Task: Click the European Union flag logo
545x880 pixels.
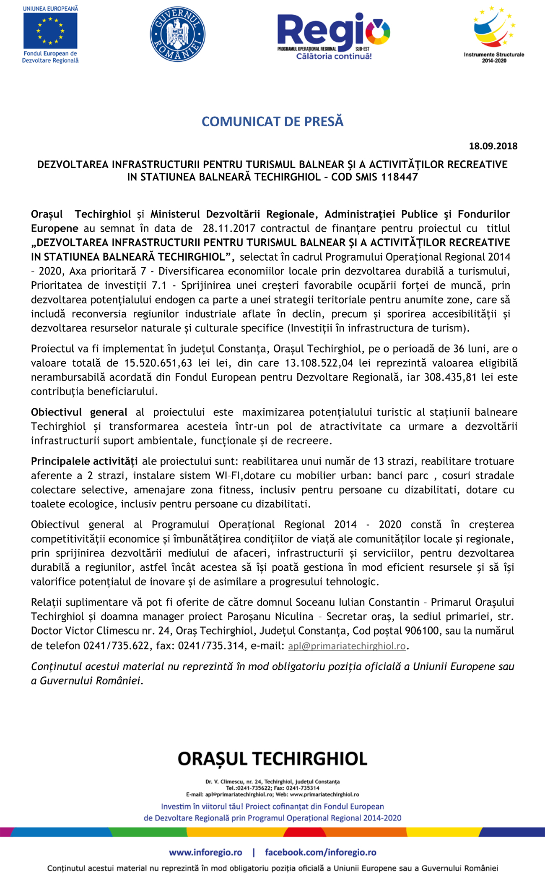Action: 50,31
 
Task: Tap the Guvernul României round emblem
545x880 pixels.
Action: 177,34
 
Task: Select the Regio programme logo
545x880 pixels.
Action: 333,31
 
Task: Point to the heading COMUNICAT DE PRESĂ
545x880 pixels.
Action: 272,121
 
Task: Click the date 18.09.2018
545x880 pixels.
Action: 493,146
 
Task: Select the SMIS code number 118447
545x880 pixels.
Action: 399,177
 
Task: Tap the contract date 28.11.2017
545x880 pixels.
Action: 229,228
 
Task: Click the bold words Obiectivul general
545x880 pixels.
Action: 79,413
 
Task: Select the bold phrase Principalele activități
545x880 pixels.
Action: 84,462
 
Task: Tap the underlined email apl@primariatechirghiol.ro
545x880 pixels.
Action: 347,646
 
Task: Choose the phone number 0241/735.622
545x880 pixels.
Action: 116,646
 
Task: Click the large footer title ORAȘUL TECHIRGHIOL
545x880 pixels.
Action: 272,759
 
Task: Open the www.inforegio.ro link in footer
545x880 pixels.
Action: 205,852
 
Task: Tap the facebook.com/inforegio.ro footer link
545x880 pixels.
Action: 320,852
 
